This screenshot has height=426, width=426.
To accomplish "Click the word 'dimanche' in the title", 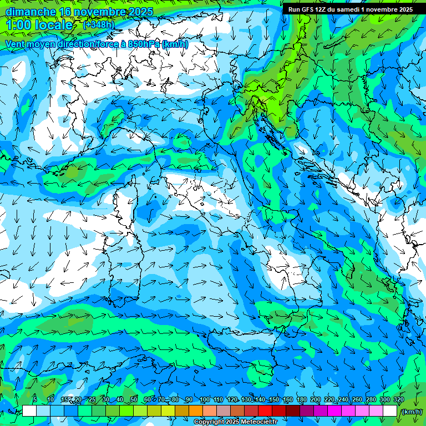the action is click(x=31, y=11).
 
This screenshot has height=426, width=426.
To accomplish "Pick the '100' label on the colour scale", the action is click(x=204, y=400).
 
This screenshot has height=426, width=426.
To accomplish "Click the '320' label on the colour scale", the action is click(x=399, y=400).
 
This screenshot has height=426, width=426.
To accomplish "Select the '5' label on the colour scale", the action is click(x=35, y=400).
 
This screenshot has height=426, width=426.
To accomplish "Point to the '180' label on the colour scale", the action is click(x=301, y=400).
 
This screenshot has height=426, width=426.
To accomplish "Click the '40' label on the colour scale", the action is click(x=119, y=400).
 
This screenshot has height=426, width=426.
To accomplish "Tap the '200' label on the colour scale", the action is click(x=316, y=400).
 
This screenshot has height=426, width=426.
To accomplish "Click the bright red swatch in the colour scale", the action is click(x=265, y=411).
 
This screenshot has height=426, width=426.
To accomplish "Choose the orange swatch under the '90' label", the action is click(x=196, y=411).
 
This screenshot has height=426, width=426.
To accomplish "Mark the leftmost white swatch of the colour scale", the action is click(x=29, y=411).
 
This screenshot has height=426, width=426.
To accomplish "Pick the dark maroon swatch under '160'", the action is click(x=293, y=411).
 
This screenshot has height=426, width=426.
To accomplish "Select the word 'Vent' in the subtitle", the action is click(x=15, y=44).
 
